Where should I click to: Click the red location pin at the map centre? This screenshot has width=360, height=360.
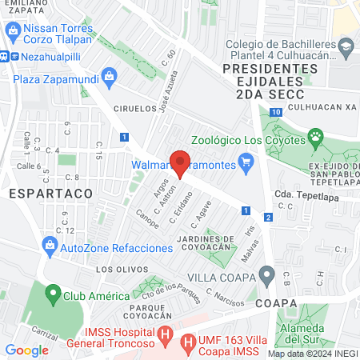pyautogui.click(x=180, y=163)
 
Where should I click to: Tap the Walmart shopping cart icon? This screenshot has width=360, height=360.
pyautogui.click(x=246, y=166)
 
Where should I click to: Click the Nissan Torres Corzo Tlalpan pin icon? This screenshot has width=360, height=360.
pyautogui.click(x=13, y=34)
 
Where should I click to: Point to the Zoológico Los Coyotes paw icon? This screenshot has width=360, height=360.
pyautogui.click(x=316, y=137)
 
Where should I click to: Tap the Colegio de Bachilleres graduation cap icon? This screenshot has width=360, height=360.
pyautogui.click(x=345, y=47)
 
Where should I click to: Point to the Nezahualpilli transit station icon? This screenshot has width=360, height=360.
pyautogui.click(x=4, y=58)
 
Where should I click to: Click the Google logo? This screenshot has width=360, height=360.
pyautogui.click(x=26, y=350)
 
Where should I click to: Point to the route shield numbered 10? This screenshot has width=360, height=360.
pyautogui.click(x=275, y=113)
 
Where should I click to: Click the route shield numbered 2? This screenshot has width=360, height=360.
pyautogui.click(x=268, y=217)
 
